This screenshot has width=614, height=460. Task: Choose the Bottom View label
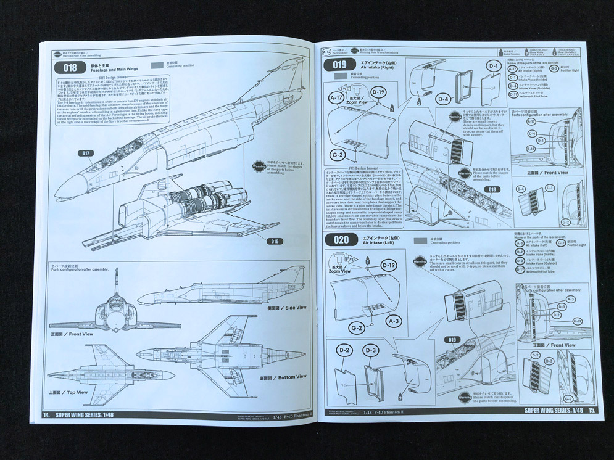[x=283, y=377]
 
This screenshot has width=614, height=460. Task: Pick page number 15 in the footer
[x=592, y=409]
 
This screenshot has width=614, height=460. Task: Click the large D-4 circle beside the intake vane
[x=442, y=99]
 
